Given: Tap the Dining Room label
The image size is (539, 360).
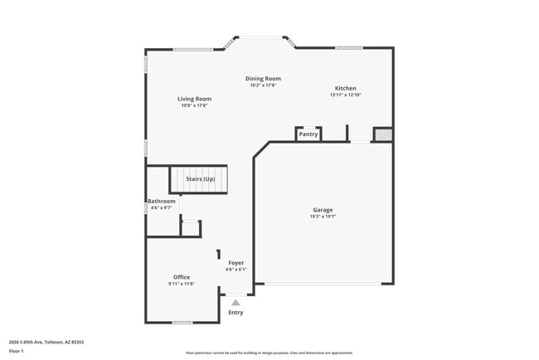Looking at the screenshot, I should click(x=263, y=79).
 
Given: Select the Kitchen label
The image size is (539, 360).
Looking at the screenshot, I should click(x=346, y=88).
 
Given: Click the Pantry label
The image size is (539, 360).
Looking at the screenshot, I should click(x=308, y=134).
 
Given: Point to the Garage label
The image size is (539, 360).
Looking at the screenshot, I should click(x=323, y=210).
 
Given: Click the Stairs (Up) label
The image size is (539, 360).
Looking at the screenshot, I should click(x=200, y=178).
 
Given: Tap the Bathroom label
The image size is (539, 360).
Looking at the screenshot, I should click(x=161, y=202).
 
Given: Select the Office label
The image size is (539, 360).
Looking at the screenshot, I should click(x=182, y=277).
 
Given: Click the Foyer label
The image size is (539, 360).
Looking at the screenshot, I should click(x=236, y=262).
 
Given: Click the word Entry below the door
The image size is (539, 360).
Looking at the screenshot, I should click(x=236, y=313).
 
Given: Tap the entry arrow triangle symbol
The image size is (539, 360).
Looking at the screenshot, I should click(x=236, y=303).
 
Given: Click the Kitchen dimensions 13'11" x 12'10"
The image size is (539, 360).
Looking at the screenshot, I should click(x=346, y=95).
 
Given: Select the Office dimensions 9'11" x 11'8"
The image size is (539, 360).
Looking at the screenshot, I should click(x=182, y=284).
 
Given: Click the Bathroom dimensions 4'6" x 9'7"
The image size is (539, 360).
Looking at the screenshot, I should click(x=161, y=208).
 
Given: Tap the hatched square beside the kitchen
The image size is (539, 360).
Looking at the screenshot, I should click(x=381, y=134).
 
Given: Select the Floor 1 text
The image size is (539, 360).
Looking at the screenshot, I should click(x=17, y=352).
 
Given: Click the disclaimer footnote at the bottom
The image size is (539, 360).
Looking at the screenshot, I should click(x=268, y=353).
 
